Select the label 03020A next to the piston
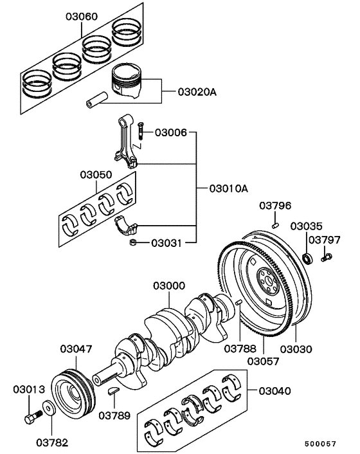pyautogui.click(x=197, y=93)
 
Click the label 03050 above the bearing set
pyautogui.click(x=96, y=174)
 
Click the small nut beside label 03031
pyautogui.click(x=132, y=242)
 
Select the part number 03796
pyautogui.click(x=275, y=206)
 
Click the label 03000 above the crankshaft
pyautogui.click(x=169, y=286)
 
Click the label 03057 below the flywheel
pyautogui.click(x=264, y=361)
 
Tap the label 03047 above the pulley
pyautogui.click(x=76, y=349)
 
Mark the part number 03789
pyautogui.click(x=114, y=415)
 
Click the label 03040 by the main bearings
pyautogui.click(x=276, y=390)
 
